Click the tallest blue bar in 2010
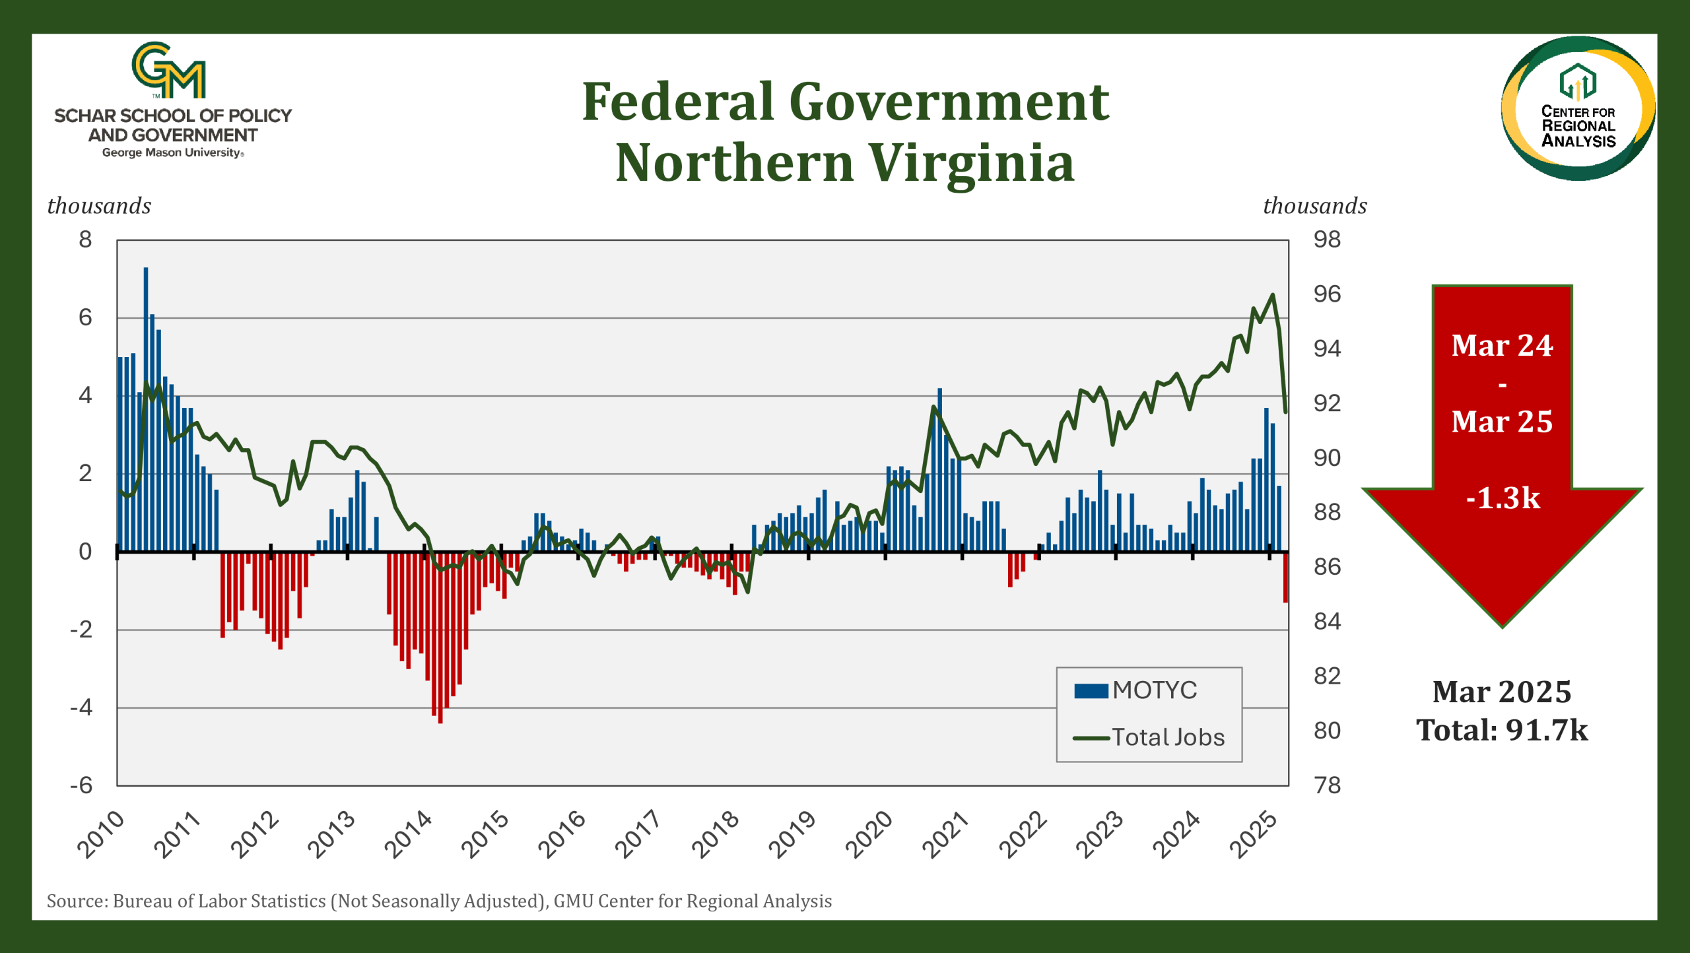(x=146, y=409)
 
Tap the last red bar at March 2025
(x=1285, y=577)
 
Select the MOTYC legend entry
(x=1135, y=690)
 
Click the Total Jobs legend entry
(x=1149, y=737)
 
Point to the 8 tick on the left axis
(x=85, y=240)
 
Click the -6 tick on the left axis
(x=82, y=785)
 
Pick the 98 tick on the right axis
(x=1327, y=240)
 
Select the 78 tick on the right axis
(x=1327, y=785)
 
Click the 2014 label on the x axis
(x=409, y=834)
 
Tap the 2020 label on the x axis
(x=869, y=834)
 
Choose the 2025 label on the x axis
(x=1254, y=834)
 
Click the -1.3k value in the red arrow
(x=1503, y=498)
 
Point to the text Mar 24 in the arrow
(x=1502, y=345)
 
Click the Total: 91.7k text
(x=1502, y=730)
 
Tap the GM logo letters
(x=169, y=70)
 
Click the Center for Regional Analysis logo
(x=1578, y=108)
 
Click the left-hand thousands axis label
(x=99, y=206)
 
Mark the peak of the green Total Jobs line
(x=1272, y=294)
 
